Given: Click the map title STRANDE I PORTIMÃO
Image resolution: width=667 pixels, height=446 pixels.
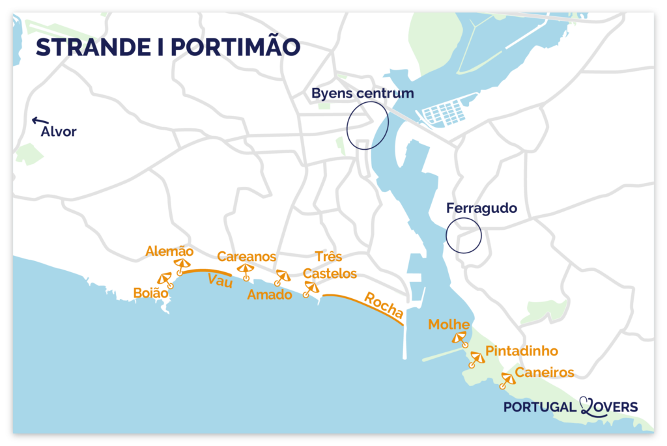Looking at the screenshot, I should coord(167,48).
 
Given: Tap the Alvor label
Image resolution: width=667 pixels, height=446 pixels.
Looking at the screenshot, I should coord(59,132).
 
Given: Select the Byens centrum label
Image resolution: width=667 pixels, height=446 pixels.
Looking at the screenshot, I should coord(362,93).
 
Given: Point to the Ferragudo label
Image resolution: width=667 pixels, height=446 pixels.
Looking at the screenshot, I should coord(481,208).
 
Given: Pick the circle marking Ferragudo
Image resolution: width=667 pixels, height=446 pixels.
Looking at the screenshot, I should coord(464,235).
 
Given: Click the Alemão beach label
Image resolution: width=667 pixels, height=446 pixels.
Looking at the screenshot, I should coord(169,251).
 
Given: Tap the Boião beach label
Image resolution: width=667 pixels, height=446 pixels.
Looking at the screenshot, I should coord(150,294).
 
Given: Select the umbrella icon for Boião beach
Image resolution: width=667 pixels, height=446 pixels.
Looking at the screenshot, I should coord(165,279).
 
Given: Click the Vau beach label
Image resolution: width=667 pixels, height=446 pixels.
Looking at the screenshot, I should coord(220,280).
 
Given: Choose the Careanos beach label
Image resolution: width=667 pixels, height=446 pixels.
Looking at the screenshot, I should coord(246,257).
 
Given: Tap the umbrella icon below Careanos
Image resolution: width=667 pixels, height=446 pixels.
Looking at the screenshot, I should coord(246,270).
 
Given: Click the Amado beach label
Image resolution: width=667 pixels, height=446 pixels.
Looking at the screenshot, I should coord(269,295).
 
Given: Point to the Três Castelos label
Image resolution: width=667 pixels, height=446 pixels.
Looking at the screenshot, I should coord(330,265).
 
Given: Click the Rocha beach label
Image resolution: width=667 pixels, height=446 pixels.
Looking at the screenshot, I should coord(383,305).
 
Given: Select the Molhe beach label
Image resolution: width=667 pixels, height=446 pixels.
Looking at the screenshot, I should coord(449,325).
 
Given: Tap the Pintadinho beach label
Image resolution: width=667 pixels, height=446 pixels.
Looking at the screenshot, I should coord(522,351).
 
